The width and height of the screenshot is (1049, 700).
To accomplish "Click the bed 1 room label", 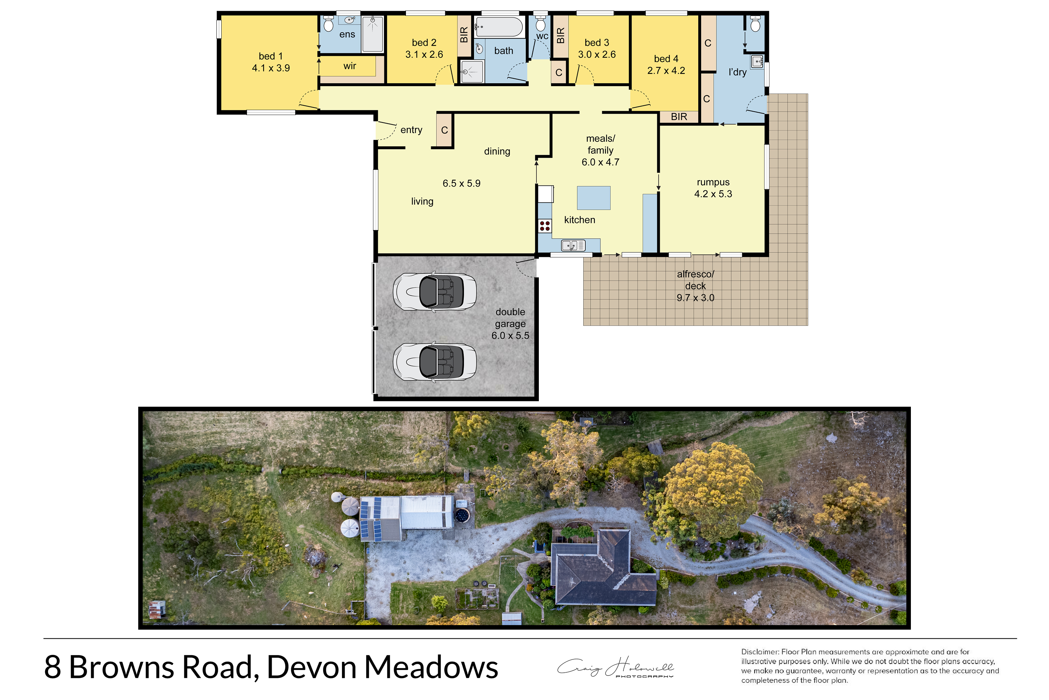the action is (x=271, y=56).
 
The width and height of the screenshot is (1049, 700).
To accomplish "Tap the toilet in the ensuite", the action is (x=329, y=24).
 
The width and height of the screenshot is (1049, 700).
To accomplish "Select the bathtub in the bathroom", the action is (x=499, y=27).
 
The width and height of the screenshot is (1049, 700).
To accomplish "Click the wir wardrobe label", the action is (x=350, y=66).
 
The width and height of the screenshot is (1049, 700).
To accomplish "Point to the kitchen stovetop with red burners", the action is (x=544, y=225).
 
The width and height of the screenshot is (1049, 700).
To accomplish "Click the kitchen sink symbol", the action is (x=573, y=245).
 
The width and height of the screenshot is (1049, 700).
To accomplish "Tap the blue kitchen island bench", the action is (x=594, y=198).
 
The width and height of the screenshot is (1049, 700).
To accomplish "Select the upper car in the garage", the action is (x=434, y=292).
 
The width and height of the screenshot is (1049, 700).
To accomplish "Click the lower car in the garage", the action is (x=434, y=362).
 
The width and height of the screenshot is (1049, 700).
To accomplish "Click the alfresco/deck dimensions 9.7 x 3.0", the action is (x=695, y=298).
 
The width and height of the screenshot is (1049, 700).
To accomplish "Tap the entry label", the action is (x=411, y=130).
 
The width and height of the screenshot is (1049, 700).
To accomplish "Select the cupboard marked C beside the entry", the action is (x=444, y=130).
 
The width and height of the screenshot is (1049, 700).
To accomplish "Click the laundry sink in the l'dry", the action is (x=757, y=62).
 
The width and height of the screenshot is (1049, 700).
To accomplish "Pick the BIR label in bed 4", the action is (x=679, y=117).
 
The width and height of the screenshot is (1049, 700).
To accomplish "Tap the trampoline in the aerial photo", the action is (x=462, y=516).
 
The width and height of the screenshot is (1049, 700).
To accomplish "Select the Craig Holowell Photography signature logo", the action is (x=615, y=667).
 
